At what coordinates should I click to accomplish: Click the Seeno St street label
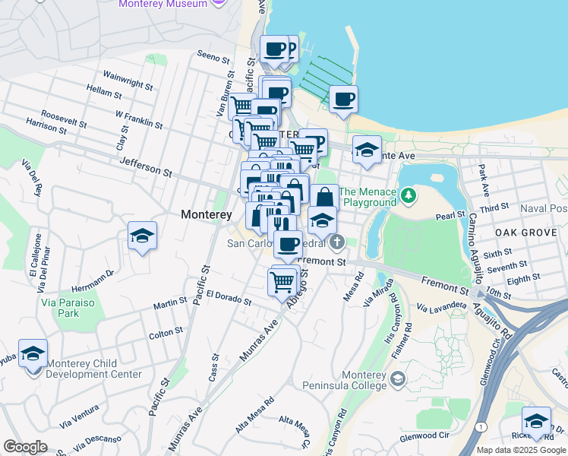[213, 57]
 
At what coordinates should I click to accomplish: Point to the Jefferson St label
[146, 166]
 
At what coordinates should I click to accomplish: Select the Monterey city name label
[206, 215]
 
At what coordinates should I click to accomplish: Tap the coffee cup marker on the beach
[343, 100]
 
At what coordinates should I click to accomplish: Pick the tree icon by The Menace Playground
[409, 196]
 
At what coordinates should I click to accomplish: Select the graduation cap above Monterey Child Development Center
[33, 353]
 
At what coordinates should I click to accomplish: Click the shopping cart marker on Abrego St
[282, 281]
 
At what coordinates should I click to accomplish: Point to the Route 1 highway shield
[481, 427]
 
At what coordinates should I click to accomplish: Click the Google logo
[25, 447]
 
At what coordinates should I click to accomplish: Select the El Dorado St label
[229, 297]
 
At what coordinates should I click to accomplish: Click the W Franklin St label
[139, 119]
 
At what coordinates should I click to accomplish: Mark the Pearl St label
[450, 216]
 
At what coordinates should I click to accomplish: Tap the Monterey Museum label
[163, 4]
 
